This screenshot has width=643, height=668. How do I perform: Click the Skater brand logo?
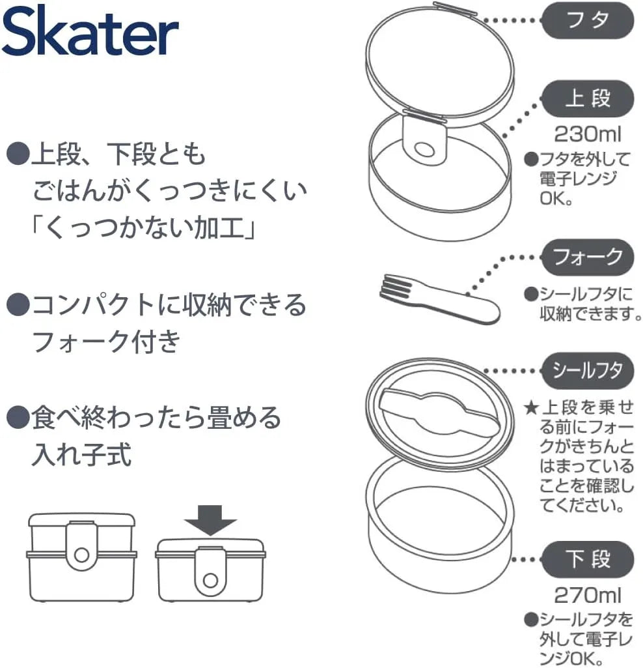click(90, 33)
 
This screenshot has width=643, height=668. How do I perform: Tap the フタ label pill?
click(588, 20)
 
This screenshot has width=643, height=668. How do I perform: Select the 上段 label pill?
click(588, 98)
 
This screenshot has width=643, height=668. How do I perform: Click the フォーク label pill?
click(588, 257)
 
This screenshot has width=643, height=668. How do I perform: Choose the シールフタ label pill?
click(588, 370)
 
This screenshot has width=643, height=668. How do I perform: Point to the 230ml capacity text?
click(588, 135)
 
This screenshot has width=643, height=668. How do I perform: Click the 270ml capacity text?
click(588, 595)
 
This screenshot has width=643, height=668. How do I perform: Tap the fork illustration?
click(439, 300)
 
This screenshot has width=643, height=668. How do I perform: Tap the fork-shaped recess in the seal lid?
click(439, 415)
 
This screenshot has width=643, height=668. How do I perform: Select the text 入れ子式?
click(81, 454)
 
